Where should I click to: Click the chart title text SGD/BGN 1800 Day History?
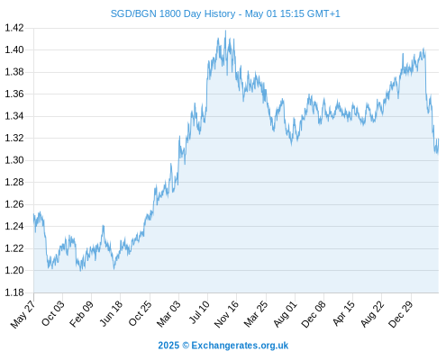[173, 13]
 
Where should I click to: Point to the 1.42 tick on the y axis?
[14, 28]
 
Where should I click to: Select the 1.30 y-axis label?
[14, 160]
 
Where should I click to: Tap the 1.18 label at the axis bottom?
[14, 292]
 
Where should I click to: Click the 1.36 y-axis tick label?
[14, 94]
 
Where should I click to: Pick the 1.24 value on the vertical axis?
[14, 226]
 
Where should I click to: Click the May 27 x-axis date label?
[23, 314]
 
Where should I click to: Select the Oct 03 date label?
[53, 313]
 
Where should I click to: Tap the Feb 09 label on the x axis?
[81, 314]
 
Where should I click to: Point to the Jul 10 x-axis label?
[199, 312]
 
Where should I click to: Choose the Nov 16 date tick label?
[226, 314]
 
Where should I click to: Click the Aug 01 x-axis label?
[286, 314]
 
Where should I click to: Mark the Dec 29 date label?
[401, 314]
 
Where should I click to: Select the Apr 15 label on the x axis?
[344, 313]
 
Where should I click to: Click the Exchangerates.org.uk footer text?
[240, 346]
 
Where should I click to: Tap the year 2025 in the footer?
[168, 346]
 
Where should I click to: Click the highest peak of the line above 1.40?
[225, 31]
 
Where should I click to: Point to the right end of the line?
[439, 139]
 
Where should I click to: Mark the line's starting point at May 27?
[33, 213]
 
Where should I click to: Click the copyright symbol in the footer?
[186, 346]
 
